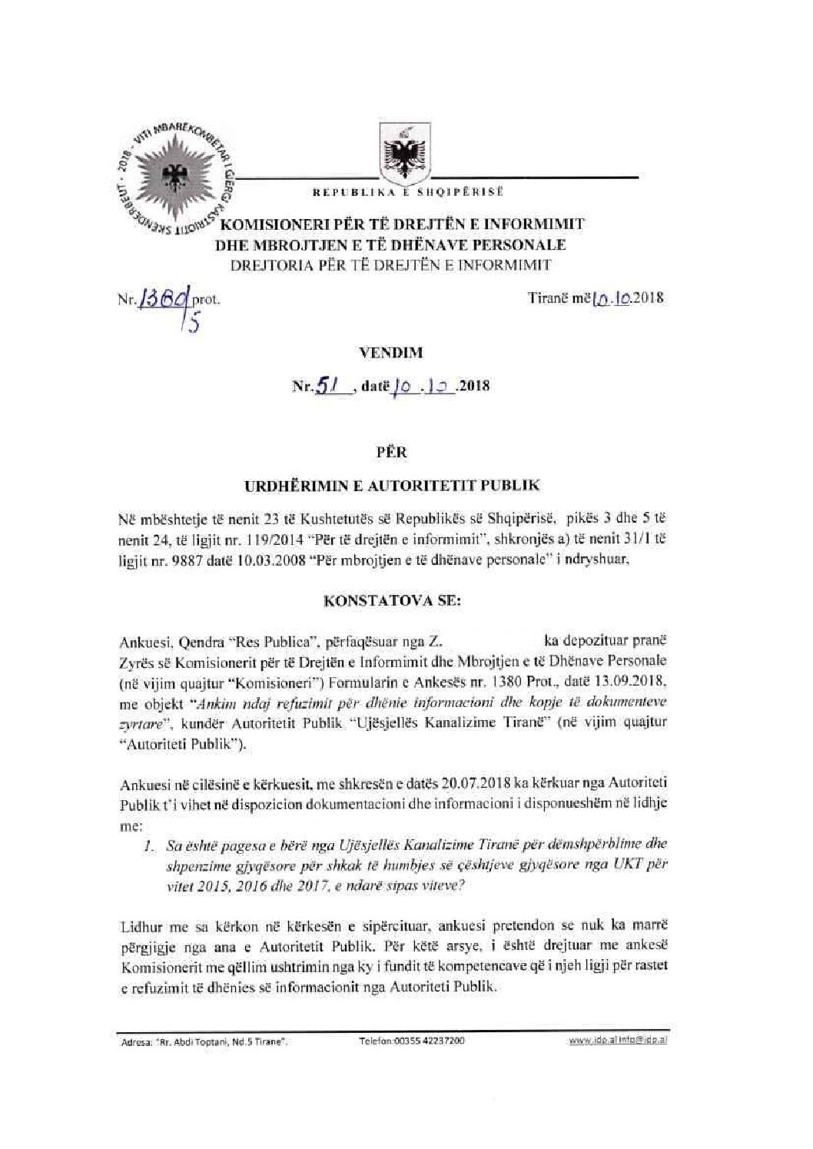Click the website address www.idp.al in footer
coord(586,1041)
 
